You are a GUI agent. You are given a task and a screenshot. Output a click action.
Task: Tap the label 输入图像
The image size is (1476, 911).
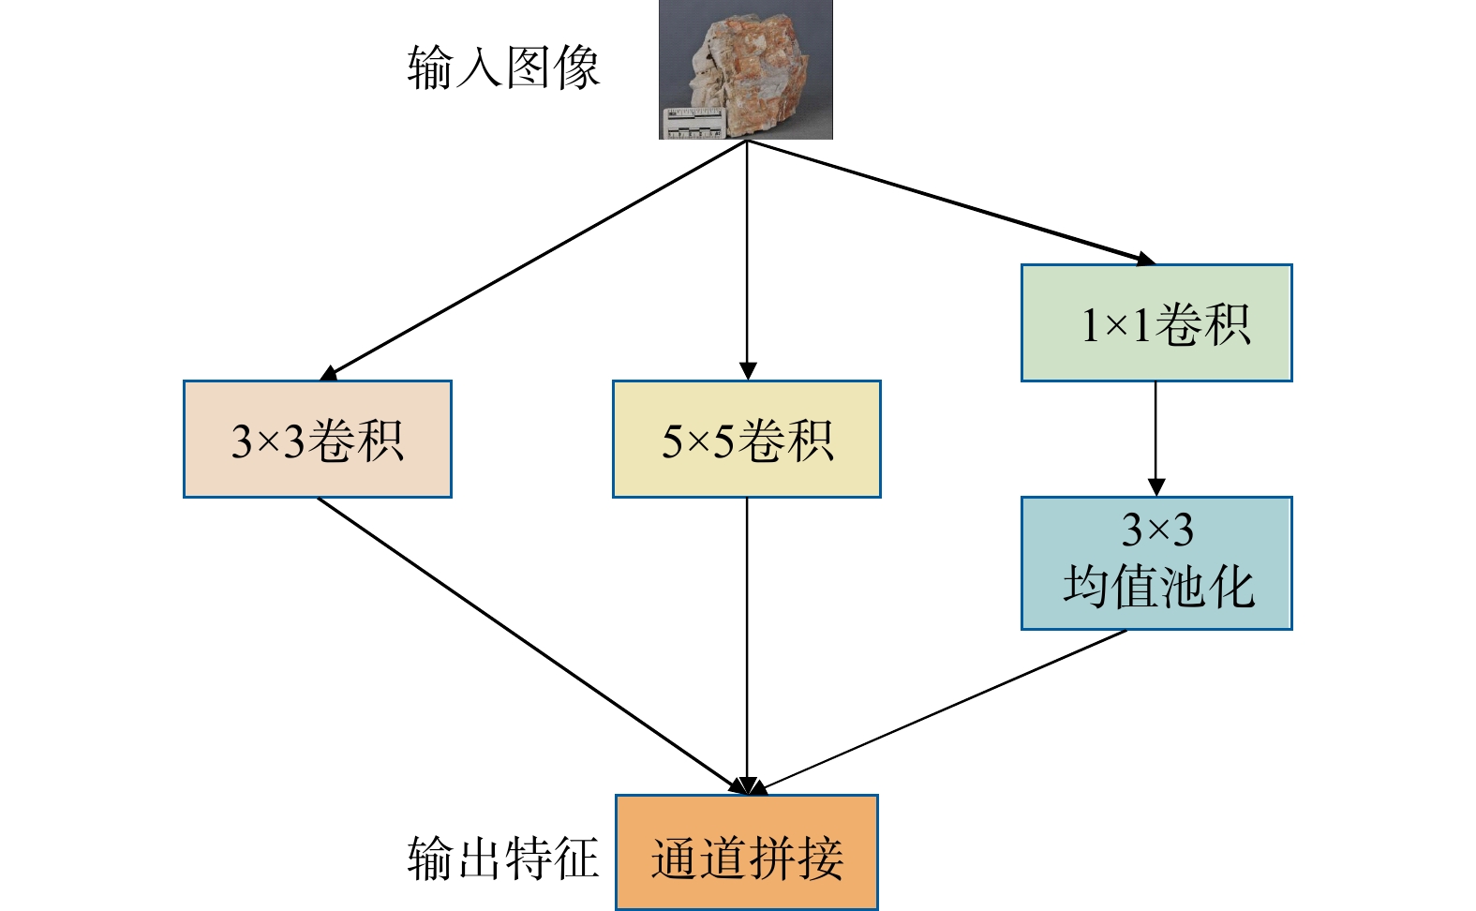pyautogui.click(x=503, y=68)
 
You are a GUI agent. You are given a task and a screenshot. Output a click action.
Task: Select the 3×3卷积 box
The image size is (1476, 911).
pyautogui.click(x=318, y=439)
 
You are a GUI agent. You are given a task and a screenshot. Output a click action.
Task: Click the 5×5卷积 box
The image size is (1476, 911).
pyautogui.click(x=747, y=439)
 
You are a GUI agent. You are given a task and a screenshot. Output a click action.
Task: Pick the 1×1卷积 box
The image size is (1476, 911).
pyautogui.click(x=1156, y=323)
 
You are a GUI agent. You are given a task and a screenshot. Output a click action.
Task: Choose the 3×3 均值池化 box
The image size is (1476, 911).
pyautogui.click(x=1156, y=563)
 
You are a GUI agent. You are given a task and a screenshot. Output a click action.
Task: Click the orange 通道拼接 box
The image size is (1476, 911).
pyautogui.click(x=747, y=853)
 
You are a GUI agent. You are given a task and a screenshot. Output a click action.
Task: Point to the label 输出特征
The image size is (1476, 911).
pyautogui.click(x=503, y=859)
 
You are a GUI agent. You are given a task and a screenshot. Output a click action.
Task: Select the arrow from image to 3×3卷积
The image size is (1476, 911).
pyautogui.click(x=534, y=259)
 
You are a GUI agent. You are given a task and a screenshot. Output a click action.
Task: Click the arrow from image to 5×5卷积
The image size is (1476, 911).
pyautogui.click(x=747, y=253)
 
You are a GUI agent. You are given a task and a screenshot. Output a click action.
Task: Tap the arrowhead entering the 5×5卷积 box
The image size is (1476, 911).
pyautogui.click(x=747, y=371)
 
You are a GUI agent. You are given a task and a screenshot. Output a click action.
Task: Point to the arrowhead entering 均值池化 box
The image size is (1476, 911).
pyautogui.click(x=1155, y=487)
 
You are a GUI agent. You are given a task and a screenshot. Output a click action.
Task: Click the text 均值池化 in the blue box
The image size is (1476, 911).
pyautogui.click(x=1158, y=589)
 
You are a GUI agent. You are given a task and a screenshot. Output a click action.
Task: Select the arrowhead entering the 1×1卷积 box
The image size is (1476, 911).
pyautogui.click(x=1144, y=258)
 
